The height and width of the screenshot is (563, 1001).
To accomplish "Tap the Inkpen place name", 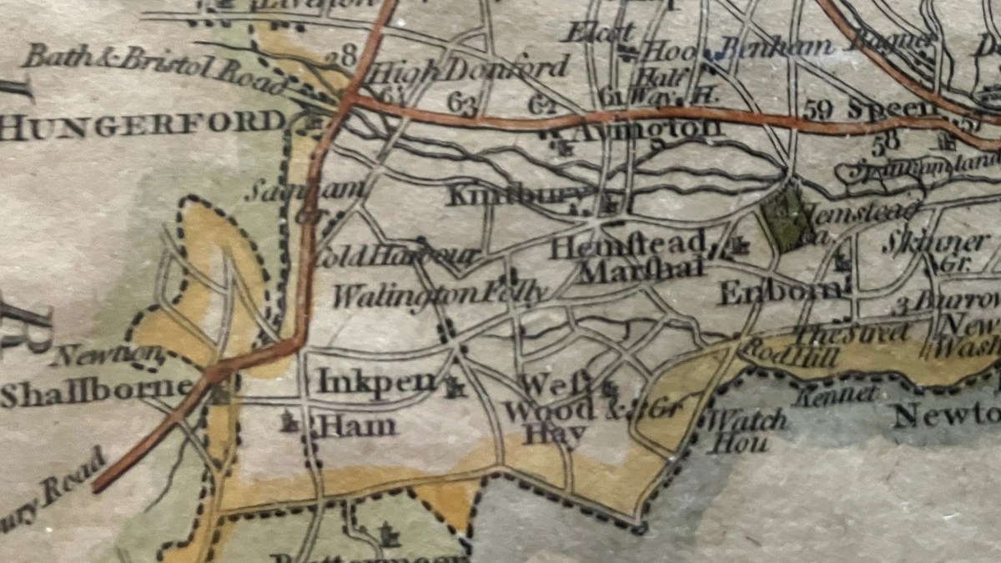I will (x=377, y=382).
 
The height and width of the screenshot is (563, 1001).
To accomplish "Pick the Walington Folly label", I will (x=440, y=293).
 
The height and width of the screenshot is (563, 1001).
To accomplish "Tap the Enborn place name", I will (x=780, y=291).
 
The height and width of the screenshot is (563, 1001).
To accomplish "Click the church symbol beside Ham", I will (x=291, y=423).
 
